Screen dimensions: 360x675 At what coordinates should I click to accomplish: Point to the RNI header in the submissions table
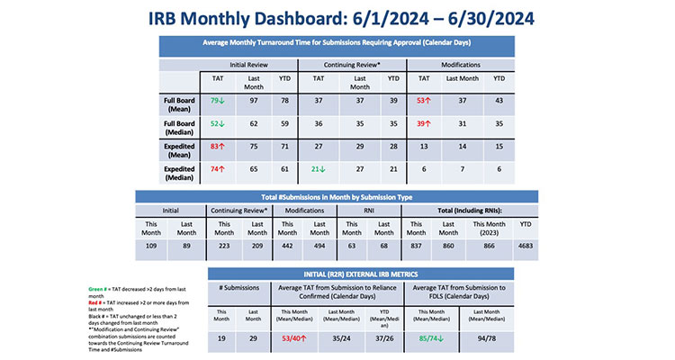[x=370, y=211]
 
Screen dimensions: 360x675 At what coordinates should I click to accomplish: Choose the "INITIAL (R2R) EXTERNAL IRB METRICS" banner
[x=360, y=274]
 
